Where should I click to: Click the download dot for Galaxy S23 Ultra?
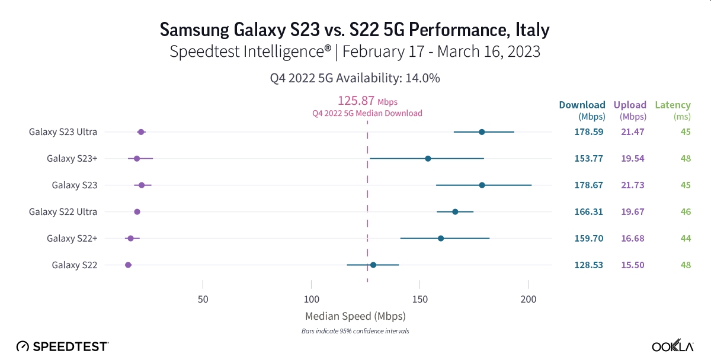click(x=482, y=132)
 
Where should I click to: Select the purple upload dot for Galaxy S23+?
click(x=137, y=159)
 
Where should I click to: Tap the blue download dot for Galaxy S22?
click(x=373, y=265)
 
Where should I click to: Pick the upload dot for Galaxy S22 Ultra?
click(x=137, y=212)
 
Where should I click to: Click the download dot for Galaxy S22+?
click(x=441, y=239)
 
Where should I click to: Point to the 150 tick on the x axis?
click(x=419, y=300)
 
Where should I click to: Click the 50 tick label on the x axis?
click(x=203, y=300)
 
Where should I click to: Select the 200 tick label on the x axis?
click(x=528, y=300)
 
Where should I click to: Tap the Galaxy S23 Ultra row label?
click(x=63, y=132)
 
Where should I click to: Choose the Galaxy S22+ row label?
click(x=72, y=239)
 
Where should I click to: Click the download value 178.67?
click(x=589, y=185)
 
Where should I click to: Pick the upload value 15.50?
click(x=632, y=265)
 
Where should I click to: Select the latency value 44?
click(x=686, y=239)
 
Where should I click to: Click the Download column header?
click(x=582, y=105)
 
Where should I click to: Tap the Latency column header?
click(x=672, y=105)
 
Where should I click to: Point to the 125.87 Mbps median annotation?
click(x=367, y=101)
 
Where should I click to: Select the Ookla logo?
click(x=673, y=346)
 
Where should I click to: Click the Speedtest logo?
click(x=62, y=346)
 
